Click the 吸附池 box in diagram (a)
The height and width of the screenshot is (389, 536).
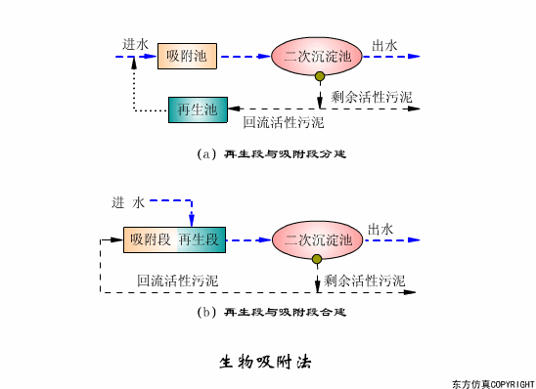(186, 57)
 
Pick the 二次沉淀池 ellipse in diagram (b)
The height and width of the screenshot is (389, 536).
(317, 238)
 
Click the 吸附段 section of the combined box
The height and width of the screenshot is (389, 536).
(150, 238)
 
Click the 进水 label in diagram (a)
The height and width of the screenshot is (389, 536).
(135, 44)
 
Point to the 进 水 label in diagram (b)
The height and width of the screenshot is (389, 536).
(127, 202)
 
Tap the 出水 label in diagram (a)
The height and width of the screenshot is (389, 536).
(384, 45)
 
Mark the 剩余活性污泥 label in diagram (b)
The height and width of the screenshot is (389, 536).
(364, 280)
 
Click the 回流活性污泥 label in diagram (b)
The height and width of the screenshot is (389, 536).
(177, 281)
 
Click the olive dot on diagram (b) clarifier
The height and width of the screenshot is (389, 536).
(317, 260)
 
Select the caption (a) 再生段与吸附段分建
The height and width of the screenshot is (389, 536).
(272, 153)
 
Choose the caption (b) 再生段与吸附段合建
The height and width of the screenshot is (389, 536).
(272, 312)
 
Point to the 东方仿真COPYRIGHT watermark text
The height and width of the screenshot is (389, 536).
(493, 383)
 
